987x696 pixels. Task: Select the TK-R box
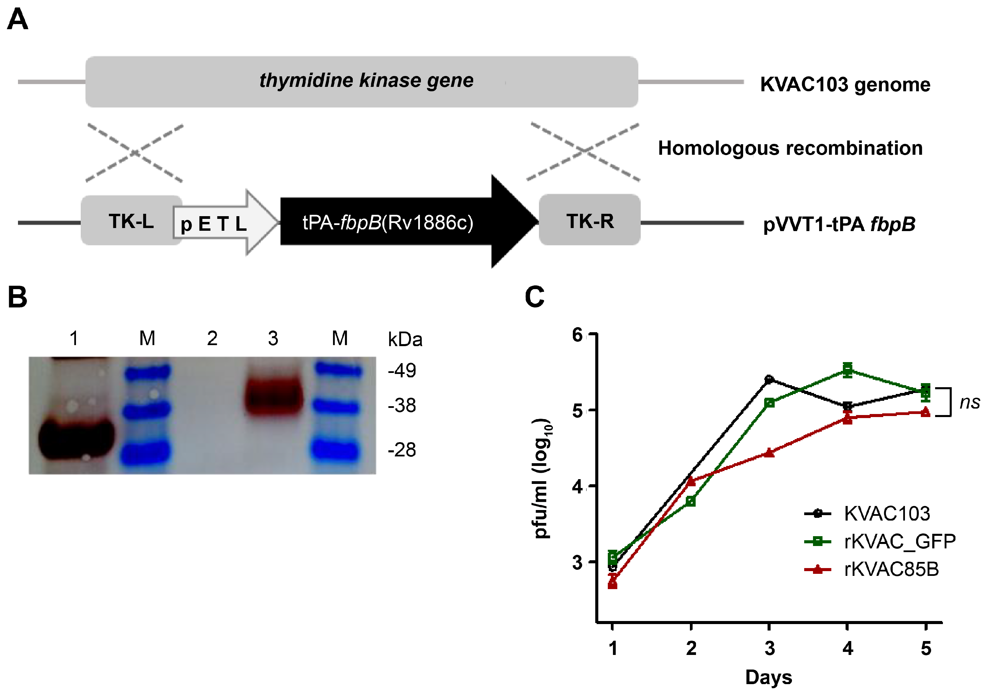pyautogui.click(x=589, y=220)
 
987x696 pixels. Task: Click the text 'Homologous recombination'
pyautogui.click(x=790, y=148)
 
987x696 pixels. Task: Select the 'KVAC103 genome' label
pyautogui.click(x=845, y=84)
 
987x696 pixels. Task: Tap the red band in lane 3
pyautogui.click(x=274, y=397)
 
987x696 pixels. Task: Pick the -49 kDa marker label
pyautogui.click(x=402, y=370)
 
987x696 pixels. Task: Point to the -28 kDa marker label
pyautogui.click(x=402, y=450)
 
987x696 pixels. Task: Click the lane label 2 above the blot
pyautogui.click(x=212, y=339)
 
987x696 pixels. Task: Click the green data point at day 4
pyautogui.click(x=847, y=370)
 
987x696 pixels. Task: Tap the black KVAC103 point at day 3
pyautogui.click(x=769, y=379)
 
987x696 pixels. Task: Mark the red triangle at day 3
pyautogui.click(x=769, y=453)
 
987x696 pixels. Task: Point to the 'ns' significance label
pyautogui.click(x=970, y=402)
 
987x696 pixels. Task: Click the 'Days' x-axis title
pyautogui.click(x=769, y=677)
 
